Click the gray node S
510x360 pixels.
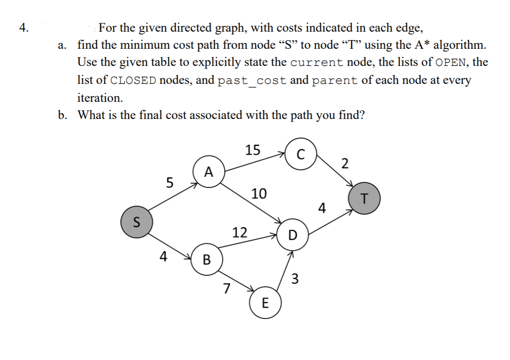tap(136, 221)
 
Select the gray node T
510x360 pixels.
tap(364, 198)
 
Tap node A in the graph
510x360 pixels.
tap(208, 172)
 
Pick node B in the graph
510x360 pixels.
tap(207, 259)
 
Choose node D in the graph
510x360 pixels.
tap(293, 235)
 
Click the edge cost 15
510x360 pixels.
tap(252, 150)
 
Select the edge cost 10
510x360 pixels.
tap(258, 193)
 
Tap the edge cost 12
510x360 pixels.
tap(240, 232)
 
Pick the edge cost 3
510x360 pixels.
tap(294, 278)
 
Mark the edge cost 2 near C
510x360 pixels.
tap(345, 164)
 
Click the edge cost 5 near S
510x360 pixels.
tap(169, 183)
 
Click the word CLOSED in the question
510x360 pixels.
tap(134, 80)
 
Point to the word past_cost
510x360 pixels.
tap(252, 80)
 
